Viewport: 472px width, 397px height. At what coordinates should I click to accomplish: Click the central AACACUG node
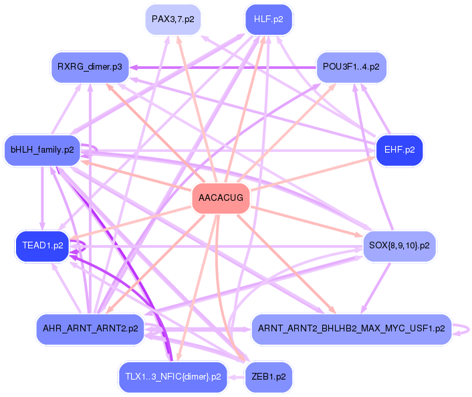221,198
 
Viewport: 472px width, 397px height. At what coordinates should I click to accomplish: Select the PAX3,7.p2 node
172,19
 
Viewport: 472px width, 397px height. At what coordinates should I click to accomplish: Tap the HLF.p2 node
269,19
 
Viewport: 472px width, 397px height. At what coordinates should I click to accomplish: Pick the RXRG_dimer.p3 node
90,67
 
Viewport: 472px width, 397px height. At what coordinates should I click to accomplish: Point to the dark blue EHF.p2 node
399,150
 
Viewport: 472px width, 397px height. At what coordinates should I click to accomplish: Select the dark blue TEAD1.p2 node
42,246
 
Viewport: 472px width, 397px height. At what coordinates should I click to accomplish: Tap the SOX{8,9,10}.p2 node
399,246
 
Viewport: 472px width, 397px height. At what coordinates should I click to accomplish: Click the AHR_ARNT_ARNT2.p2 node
90,328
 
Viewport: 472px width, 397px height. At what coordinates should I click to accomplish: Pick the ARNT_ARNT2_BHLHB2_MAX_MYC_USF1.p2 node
351,328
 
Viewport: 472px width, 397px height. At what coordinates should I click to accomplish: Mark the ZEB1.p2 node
269,377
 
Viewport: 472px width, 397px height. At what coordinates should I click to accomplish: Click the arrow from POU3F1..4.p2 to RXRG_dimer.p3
221,67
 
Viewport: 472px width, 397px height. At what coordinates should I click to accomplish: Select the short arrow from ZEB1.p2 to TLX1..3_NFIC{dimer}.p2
236,377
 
